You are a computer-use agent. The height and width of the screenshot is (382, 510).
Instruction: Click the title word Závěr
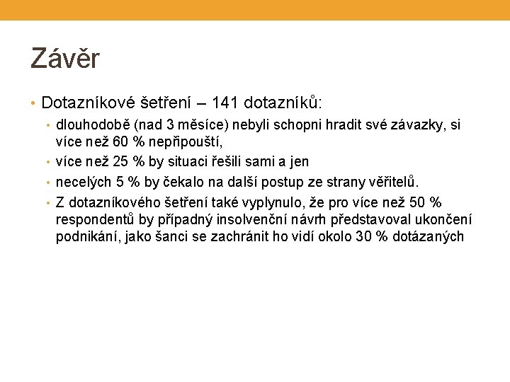click(65, 58)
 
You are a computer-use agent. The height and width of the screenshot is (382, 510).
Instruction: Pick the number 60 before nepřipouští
click(121, 144)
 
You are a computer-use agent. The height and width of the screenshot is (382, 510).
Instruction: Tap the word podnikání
click(89, 237)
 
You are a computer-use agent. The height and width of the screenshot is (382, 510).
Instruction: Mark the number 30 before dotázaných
click(365, 236)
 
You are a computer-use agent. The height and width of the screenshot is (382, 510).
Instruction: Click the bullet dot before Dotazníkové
click(34, 104)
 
